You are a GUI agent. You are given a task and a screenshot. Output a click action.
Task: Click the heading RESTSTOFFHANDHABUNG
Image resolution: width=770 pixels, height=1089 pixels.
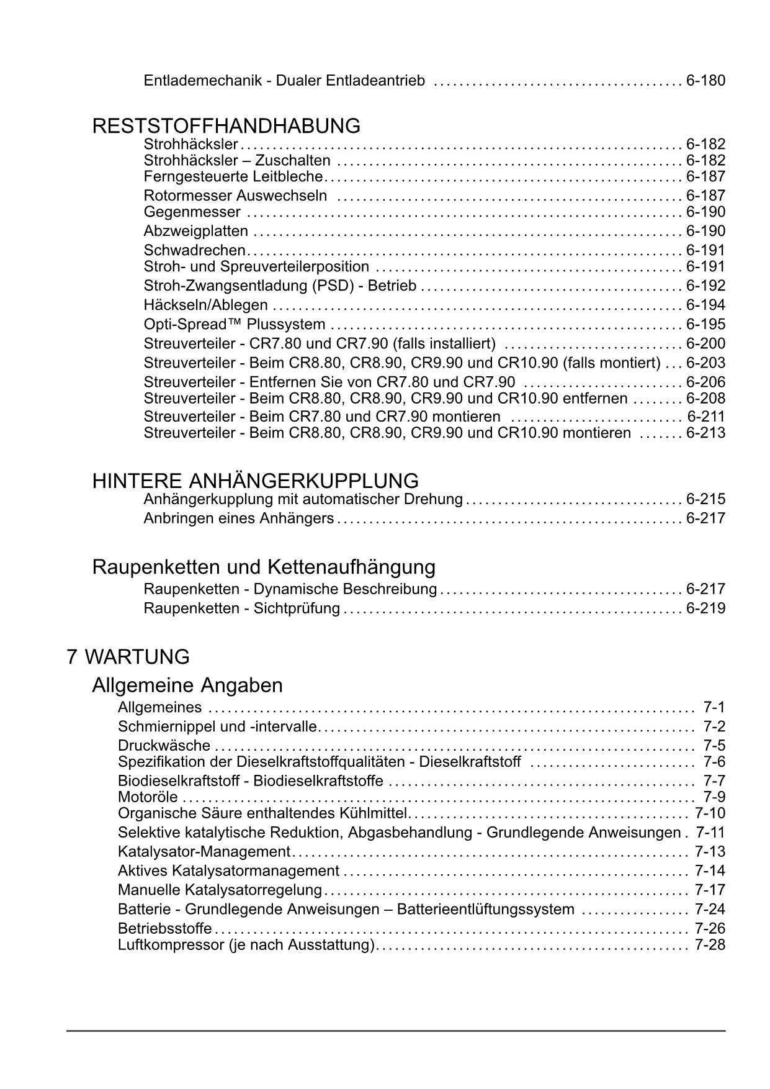pyautogui.click(x=226, y=126)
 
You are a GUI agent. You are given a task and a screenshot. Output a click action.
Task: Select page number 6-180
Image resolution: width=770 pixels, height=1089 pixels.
pyautogui.click(x=705, y=81)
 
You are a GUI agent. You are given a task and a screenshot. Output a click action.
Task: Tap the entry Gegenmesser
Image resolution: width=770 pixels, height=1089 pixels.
pyautogui.click(x=192, y=212)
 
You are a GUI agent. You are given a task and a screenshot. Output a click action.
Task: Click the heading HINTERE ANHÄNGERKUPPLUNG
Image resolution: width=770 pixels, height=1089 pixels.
pyautogui.click(x=255, y=481)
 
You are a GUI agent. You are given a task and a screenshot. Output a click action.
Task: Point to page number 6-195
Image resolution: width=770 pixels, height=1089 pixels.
pyautogui.click(x=705, y=325)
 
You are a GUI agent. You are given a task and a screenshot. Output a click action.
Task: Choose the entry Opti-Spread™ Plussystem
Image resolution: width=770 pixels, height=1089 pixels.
pyautogui.click(x=235, y=325)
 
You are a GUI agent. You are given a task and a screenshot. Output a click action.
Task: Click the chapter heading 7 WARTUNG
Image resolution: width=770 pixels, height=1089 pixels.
pyautogui.click(x=128, y=657)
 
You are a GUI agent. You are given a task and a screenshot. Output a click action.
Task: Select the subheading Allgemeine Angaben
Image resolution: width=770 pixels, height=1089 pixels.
pyautogui.click(x=187, y=685)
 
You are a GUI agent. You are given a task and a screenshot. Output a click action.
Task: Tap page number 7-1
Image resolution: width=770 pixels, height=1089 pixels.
pyautogui.click(x=714, y=707)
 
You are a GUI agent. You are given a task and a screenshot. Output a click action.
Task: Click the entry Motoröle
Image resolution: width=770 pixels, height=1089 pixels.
pyautogui.click(x=148, y=797)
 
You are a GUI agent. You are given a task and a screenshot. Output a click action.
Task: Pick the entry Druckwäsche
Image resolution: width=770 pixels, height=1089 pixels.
pyautogui.click(x=164, y=746)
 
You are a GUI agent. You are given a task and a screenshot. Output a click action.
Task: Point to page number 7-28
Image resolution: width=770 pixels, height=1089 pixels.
pyautogui.click(x=710, y=945)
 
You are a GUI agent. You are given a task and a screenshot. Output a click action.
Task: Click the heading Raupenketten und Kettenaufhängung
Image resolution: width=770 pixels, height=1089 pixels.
pyautogui.click(x=264, y=567)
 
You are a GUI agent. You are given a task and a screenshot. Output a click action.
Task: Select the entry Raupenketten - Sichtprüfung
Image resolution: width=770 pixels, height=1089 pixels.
pyautogui.click(x=241, y=608)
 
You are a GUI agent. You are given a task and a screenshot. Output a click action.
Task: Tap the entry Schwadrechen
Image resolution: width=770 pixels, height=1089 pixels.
pyautogui.click(x=194, y=250)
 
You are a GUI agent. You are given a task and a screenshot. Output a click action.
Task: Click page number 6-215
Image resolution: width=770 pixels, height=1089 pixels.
pyautogui.click(x=705, y=499)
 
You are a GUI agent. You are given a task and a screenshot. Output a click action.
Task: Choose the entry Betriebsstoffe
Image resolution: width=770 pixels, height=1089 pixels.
pyautogui.click(x=164, y=929)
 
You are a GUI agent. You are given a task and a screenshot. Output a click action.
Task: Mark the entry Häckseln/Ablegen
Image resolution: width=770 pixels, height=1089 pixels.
pyautogui.click(x=205, y=305)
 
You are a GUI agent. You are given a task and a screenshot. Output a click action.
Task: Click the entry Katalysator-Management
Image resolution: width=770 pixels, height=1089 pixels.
pyautogui.click(x=204, y=852)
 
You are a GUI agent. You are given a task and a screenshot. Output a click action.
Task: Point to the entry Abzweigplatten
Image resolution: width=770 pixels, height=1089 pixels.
pyautogui.click(x=195, y=232)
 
